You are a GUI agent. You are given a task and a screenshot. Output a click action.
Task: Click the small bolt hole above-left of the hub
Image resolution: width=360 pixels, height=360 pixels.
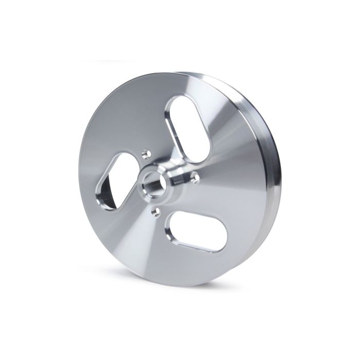pyautogui.click(x=145, y=153)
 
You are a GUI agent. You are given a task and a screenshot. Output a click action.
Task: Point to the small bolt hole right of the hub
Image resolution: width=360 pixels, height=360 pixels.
pyautogui.click(x=195, y=177)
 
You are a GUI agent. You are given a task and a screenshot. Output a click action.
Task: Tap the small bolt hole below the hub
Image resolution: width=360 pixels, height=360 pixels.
pyautogui.click(x=153, y=210)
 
